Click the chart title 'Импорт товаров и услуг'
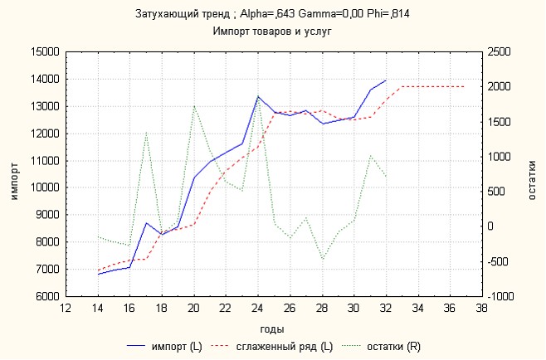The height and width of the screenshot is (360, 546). tap(273, 31)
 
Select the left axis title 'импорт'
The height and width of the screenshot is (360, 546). tap(13, 173)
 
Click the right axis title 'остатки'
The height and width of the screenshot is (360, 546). tap(532, 173)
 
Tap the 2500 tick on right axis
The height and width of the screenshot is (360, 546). tap(499, 52)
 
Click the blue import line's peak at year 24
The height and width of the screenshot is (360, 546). tap(257, 96)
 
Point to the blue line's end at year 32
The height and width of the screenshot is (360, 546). tap(385, 80)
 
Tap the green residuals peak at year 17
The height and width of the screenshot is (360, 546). tap(146, 132)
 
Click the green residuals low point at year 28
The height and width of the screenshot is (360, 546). tap(322, 259)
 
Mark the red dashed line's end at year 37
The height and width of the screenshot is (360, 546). tap(464, 86)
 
